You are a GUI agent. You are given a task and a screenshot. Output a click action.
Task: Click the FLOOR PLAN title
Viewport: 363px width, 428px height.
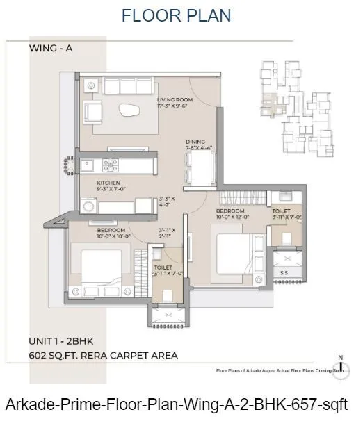point(177,15)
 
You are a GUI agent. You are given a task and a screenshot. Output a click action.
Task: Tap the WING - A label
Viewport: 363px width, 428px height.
point(51,48)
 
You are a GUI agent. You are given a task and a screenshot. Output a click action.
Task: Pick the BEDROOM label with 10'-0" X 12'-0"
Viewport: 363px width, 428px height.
point(229,211)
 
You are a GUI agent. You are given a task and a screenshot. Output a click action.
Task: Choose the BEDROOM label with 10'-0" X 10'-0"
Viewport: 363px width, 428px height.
point(111,230)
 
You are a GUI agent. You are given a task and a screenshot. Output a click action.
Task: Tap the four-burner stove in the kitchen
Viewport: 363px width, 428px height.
point(110,165)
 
